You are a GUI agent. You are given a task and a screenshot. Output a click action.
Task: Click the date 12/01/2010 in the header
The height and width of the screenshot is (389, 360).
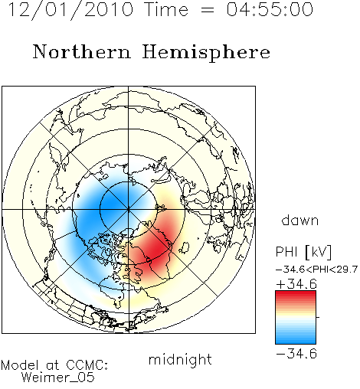click(70, 10)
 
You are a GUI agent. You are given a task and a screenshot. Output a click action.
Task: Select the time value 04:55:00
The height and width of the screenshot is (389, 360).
click(270, 9)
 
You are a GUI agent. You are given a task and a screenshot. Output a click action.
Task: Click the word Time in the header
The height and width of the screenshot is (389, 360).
click(166, 9)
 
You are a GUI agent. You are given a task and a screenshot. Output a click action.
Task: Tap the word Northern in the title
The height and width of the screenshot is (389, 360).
click(81, 51)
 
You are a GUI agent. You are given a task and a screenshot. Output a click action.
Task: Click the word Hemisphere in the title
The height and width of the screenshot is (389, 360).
click(206, 53)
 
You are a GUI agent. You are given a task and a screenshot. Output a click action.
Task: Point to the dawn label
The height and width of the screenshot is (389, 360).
click(299, 220)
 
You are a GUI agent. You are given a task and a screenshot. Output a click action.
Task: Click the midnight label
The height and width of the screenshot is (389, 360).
click(180, 359)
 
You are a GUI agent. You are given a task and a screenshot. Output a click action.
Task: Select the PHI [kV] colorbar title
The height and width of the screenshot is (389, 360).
click(303, 252)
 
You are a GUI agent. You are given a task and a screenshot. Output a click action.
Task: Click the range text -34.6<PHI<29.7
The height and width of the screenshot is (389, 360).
click(316, 270)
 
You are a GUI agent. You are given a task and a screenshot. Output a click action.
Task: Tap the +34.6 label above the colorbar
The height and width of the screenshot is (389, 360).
click(296, 284)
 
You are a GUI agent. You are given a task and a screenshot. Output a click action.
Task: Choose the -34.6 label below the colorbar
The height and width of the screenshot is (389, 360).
click(296, 354)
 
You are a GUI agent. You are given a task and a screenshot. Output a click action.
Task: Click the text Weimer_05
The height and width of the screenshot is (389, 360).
click(58, 378)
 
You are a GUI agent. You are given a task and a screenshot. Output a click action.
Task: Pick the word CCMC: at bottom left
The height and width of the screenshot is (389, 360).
click(87, 365)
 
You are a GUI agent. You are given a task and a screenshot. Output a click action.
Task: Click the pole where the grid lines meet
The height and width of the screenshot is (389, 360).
click(128, 209)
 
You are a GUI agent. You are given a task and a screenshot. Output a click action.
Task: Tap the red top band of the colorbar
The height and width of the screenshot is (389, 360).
click(296, 293)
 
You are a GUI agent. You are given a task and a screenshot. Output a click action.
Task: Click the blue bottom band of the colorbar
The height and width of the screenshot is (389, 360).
click(296, 341)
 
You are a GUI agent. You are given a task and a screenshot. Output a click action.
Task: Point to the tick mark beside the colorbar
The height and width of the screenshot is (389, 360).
click(318, 317)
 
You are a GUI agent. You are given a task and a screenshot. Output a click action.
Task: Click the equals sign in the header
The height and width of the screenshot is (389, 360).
click(208, 10)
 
